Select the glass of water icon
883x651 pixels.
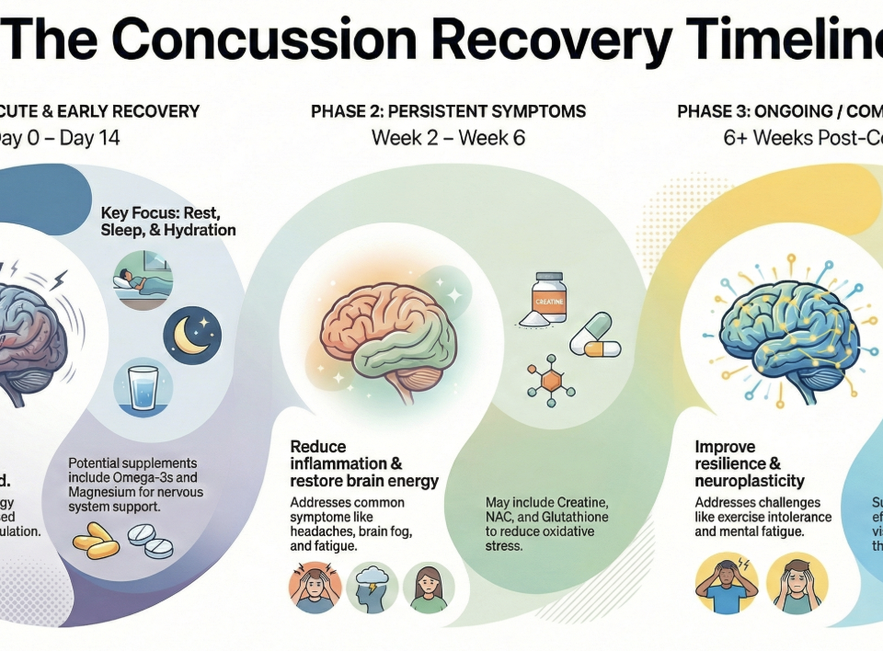[x=143, y=389]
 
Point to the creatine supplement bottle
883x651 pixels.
[x=549, y=296]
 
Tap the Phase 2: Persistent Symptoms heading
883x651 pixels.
[x=448, y=112]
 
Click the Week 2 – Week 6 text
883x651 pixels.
[x=448, y=139]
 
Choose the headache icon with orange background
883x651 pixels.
[x=315, y=587]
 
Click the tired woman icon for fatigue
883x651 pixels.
[x=429, y=587]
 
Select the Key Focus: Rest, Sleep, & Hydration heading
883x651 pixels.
[x=168, y=221]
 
